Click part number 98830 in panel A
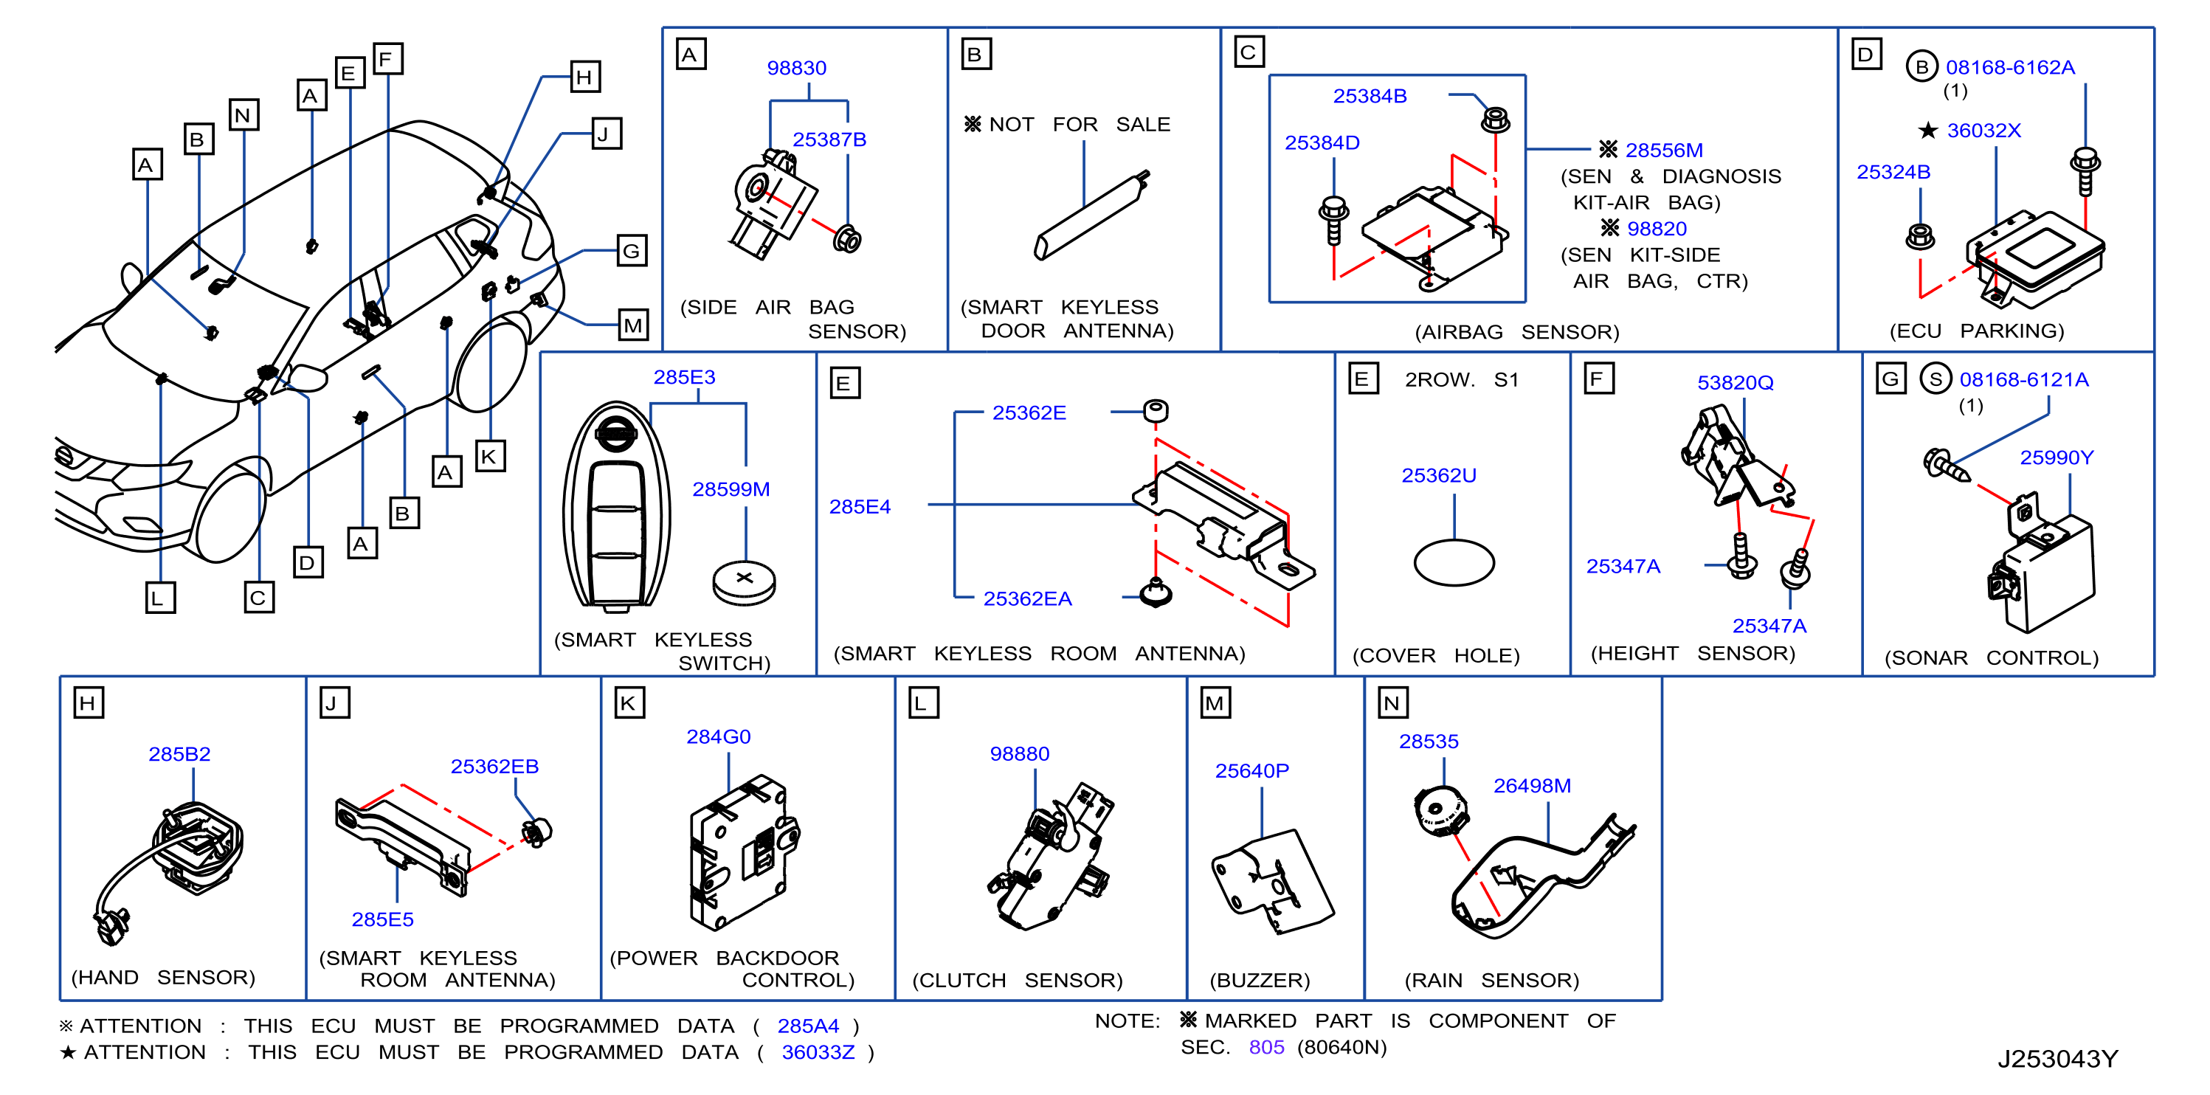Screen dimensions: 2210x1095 tap(796, 68)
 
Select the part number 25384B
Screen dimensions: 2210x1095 tap(1370, 96)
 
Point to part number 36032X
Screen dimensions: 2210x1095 tap(1983, 131)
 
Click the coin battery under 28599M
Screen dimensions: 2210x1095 tap(744, 583)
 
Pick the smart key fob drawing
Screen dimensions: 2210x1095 tap(616, 507)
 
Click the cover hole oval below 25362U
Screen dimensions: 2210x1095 tap(1454, 562)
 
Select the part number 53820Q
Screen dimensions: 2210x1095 tap(1735, 383)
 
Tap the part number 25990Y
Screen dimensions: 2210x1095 tap(2057, 457)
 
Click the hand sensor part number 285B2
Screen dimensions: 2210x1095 tap(179, 753)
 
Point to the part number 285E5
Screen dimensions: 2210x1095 tap(383, 919)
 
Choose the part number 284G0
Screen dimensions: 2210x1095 tap(718, 736)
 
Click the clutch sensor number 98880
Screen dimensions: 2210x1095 tap(1019, 753)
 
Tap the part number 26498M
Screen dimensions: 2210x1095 tap(1533, 785)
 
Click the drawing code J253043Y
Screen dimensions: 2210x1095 tap(2057, 1059)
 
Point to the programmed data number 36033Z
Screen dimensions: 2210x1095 tap(818, 1052)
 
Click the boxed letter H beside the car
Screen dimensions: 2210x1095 tap(585, 77)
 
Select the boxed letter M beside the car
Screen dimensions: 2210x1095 tap(633, 325)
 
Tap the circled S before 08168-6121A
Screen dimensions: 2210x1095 tap(1936, 379)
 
